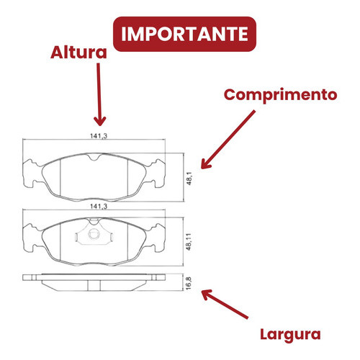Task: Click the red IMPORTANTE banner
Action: point(184,34)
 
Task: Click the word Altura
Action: point(78,53)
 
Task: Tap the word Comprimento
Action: point(280,95)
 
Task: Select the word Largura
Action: point(290,335)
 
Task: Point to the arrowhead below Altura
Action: point(100,120)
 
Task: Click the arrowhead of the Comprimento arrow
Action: point(205,164)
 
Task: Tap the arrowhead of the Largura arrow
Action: point(206,294)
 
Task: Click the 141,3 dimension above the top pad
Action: point(99,136)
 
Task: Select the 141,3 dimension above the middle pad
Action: point(99,206)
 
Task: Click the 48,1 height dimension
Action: point(189,178)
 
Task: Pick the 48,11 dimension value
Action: point(189,241)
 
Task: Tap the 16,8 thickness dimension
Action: point(189,283)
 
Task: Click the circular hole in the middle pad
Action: point(94,234)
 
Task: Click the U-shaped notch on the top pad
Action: point(94,157)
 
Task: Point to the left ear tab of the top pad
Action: point(30,173)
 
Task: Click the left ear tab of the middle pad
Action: point(30,238)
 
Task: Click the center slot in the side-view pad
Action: point(94,286)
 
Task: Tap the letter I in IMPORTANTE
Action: point(124,34)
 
